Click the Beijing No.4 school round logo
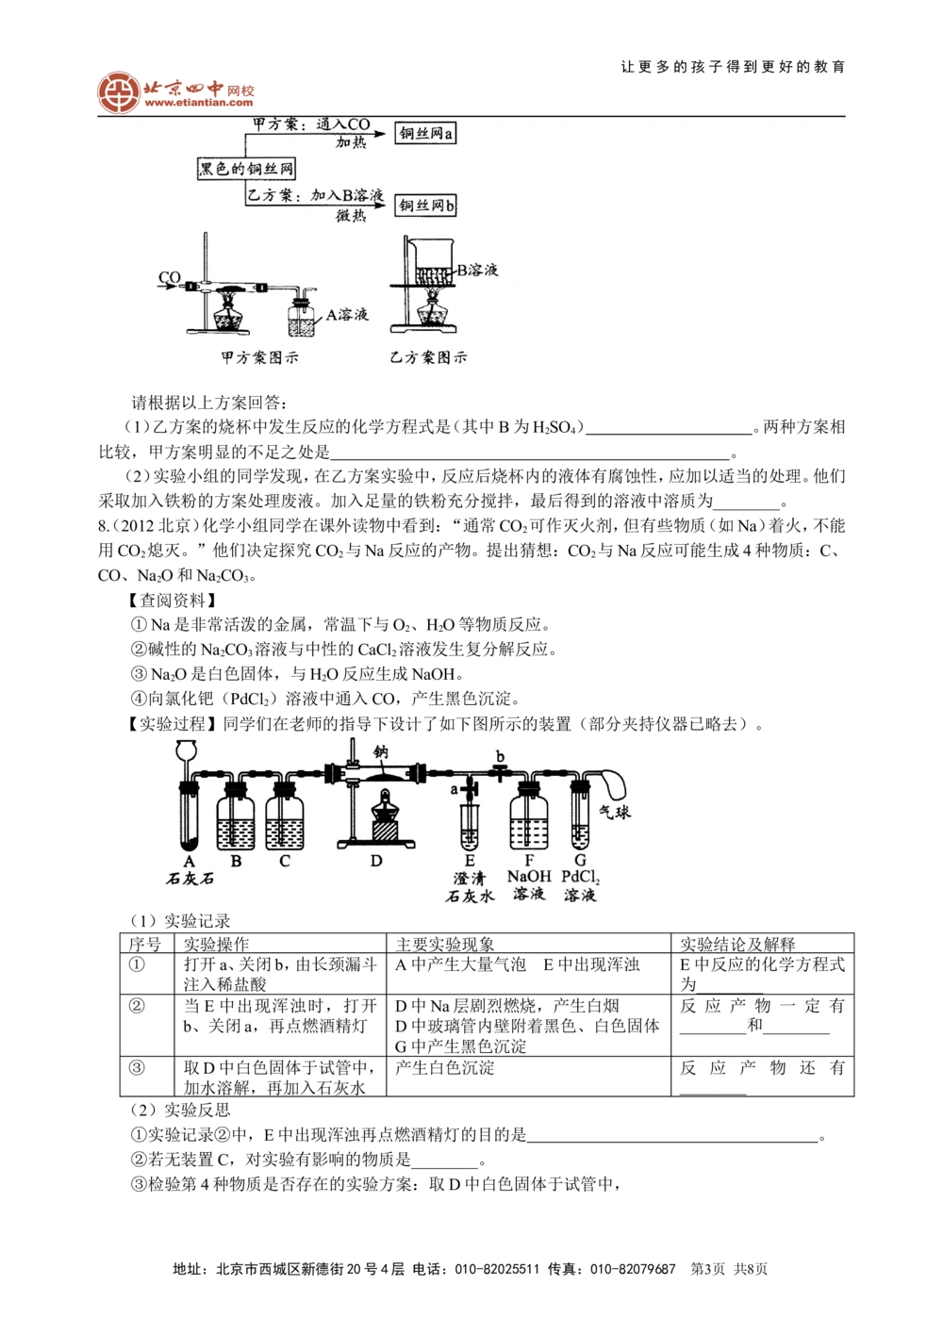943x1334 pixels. pos(118,91)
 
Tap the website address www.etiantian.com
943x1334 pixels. pos(199,103)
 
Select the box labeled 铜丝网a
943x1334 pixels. pos(425,134)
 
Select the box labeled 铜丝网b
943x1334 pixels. pos(425,206)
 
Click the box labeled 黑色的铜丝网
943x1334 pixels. pos(246,169)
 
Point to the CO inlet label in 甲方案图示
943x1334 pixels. pos(169,278)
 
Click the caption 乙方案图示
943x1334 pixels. pos(428,357)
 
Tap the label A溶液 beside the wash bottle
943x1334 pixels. pos(346,314)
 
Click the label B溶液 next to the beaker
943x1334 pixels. pos(477,270)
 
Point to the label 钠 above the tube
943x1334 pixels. pos(381,752)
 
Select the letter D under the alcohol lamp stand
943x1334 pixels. pos(376,861)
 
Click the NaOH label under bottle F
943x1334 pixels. pos(529,877)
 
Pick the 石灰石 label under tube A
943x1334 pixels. pos(190,879)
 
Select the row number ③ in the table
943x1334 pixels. pos(137,1068)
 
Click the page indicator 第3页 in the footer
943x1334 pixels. pos(708,1269)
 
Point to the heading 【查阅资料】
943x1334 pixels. pos(172,600)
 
